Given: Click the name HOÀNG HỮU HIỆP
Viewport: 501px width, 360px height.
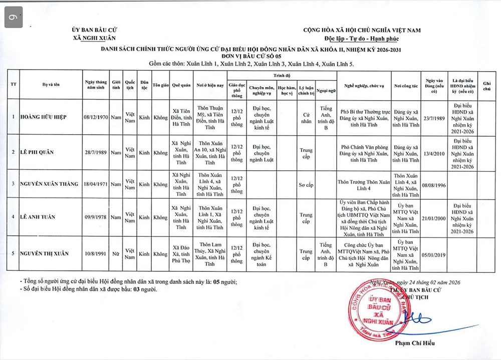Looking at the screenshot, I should [44, 117].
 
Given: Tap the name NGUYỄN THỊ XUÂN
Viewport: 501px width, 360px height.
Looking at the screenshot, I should [45, 254].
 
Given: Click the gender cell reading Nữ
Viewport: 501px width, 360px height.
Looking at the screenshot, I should [116, 254].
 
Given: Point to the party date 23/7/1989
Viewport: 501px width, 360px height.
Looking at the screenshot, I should [434, 117].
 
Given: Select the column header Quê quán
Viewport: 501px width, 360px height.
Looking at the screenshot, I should [181, 85].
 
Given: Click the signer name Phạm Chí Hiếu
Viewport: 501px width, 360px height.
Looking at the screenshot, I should [415, 343].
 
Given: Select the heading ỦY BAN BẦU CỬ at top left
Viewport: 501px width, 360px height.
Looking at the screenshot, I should [94, 30].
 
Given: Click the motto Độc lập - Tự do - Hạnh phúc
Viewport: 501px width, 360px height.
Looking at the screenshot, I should [362, 39].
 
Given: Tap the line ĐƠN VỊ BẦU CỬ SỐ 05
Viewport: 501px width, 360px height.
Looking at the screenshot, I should [250, 57].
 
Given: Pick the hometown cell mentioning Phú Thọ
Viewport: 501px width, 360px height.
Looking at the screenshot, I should [181, 254].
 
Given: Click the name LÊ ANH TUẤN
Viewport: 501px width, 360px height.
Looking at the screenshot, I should [38, 217].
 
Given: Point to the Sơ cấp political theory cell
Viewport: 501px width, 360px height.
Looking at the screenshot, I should [306, 184].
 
